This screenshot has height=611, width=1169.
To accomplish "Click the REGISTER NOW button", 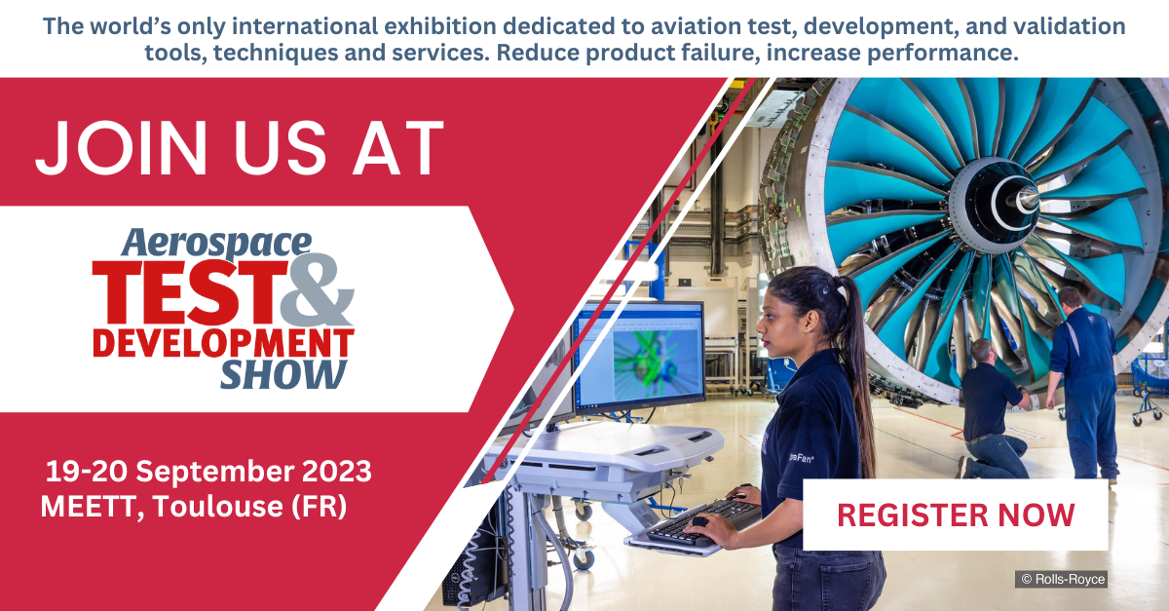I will [x=956, y=515].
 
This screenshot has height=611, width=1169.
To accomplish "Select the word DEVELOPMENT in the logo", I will [x=222, y=343].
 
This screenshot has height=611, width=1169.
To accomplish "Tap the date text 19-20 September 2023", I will [x=208, y=472].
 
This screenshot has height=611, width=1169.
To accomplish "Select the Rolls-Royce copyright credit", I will [x=1062, y=579].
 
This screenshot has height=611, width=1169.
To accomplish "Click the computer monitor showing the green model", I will [x=638, y=356].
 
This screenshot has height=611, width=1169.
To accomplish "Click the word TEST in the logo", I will [x=185, y=292].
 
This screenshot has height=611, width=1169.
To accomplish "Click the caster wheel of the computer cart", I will [x=583, y=558].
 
